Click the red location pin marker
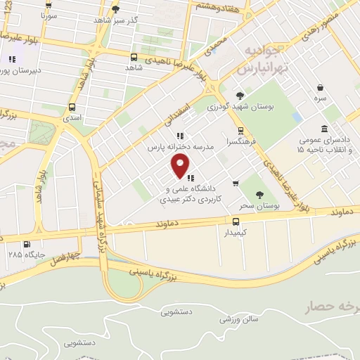[x=180, y=165]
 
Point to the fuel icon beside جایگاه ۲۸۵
[x=27, y=244]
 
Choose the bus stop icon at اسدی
[x=72, y=108]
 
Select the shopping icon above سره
[x=321, y=87]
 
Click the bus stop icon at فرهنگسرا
[x=240, y=130]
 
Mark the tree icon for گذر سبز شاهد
[x=115, y=8]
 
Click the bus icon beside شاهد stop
[x=134, y=56]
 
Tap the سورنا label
[x=47, y=14]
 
